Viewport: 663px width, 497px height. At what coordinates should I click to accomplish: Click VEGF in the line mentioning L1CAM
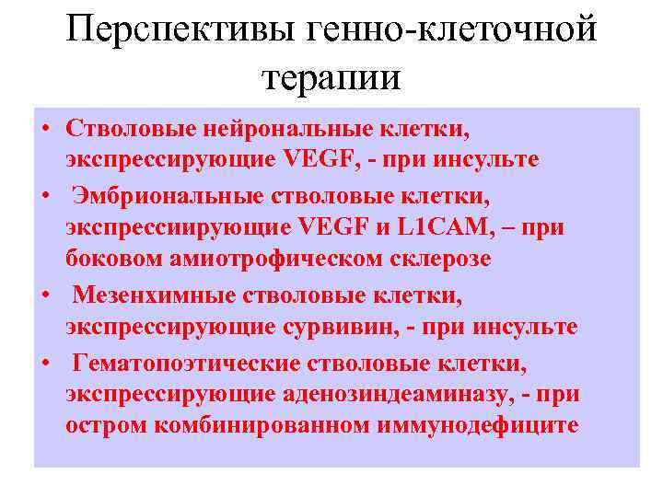(x=327, y=227)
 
